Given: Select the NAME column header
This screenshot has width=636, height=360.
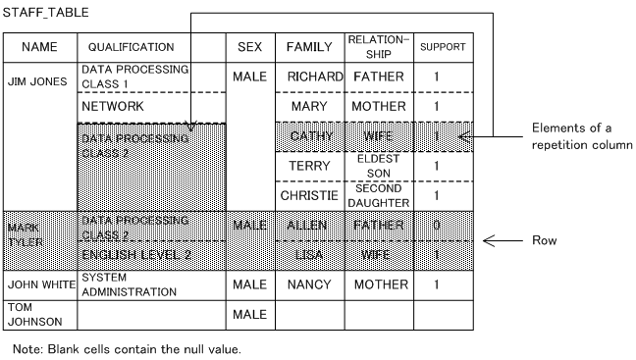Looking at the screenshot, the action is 40,47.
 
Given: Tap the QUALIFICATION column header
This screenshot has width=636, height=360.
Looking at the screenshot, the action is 132,47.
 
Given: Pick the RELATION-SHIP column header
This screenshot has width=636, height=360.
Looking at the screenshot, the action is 378,47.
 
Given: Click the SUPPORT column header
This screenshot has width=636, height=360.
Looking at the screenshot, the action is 443,47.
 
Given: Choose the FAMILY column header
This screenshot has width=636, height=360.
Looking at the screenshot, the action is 309,47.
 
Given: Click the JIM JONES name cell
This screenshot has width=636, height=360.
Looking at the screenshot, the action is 37,81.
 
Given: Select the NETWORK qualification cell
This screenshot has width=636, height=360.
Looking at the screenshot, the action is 113,106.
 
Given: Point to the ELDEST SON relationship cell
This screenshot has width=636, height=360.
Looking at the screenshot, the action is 378,165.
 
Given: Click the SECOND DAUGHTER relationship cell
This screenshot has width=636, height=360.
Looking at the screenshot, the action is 378,195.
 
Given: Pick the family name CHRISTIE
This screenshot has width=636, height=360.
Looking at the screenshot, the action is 310,195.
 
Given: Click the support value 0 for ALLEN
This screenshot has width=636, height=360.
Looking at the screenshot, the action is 436,226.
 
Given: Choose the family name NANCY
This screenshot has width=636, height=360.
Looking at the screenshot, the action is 309,284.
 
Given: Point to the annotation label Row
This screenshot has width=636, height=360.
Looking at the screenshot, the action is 545,240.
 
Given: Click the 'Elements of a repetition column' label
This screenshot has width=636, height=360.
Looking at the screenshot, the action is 579,136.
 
